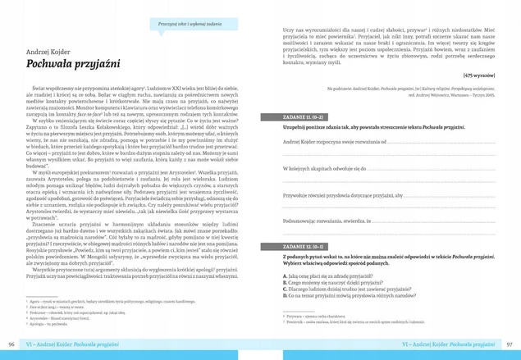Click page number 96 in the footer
tap(11, 344)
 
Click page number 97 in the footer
tap(509, 344)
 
